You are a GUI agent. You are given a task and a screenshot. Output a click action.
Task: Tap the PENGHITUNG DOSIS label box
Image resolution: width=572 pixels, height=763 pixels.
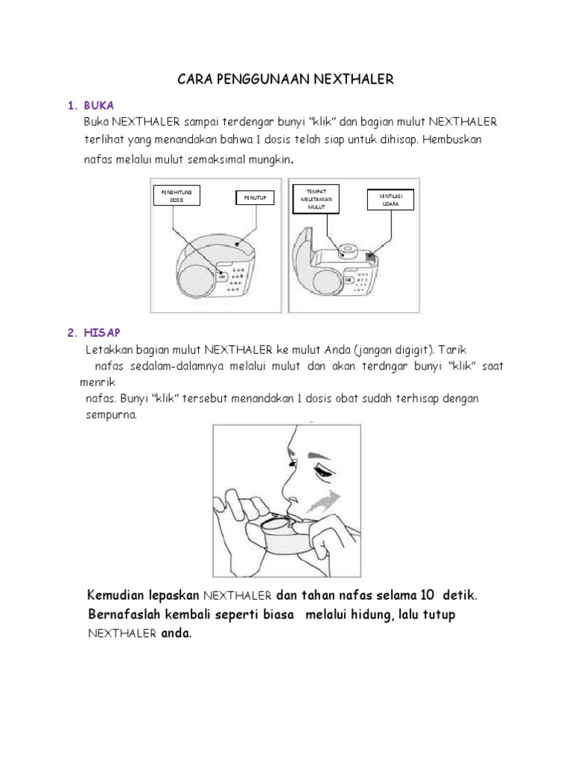[172, 196]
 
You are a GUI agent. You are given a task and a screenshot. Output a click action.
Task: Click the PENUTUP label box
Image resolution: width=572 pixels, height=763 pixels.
[255, 197]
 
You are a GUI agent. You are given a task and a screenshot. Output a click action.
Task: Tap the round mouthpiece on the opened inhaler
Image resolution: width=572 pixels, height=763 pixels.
[348, 249]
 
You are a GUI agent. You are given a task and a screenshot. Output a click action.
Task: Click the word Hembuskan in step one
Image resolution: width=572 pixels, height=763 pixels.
[466, 140]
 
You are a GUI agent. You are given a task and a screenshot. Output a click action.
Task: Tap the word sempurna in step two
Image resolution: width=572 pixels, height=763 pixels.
[111, 415]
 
